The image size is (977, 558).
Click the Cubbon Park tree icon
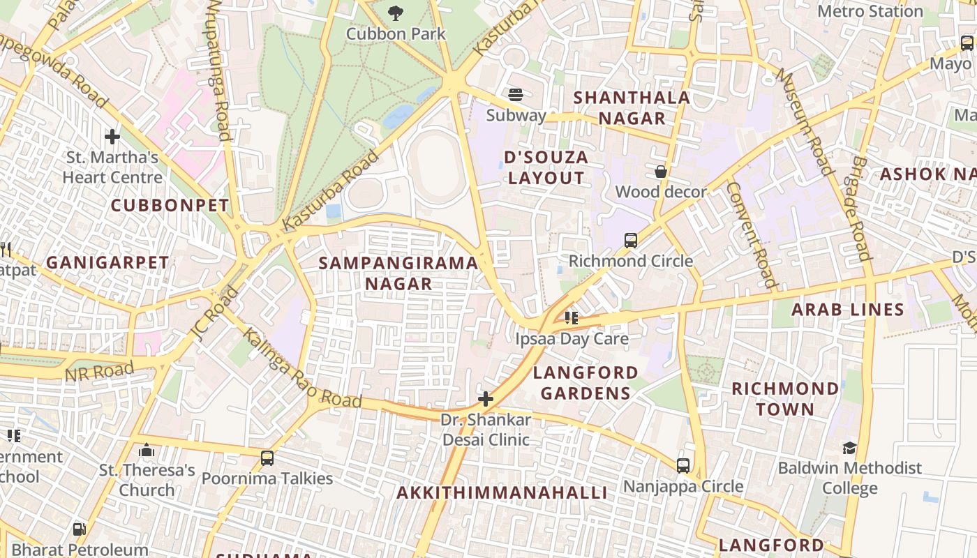click(x=396, y=13)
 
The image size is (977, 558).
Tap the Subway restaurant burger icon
click(x=516, y=94)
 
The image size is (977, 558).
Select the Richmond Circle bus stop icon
click(x=631, y=241)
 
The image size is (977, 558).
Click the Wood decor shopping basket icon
click(x=661, y=171)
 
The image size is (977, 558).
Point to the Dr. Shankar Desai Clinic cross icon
click(x=486, y=399)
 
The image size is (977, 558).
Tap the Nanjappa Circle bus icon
click(x=683, y=465)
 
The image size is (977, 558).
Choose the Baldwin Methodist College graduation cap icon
click(x=849, y=447)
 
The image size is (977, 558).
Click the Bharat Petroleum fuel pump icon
click(x=80, y=529)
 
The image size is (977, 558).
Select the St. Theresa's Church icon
click(x=147, y=451)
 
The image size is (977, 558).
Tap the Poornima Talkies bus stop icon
click(x=267, y=458)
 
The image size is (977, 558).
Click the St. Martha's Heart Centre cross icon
click(x=112, y=136)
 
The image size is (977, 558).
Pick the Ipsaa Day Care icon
click(x=572, y=318)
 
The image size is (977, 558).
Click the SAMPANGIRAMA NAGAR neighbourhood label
click(x=398, y=273)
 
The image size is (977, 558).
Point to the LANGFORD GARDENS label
click(x=586, y=383)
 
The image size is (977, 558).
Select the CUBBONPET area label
click(x=170, y=205)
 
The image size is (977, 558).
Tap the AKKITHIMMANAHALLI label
click(x=502, y=492)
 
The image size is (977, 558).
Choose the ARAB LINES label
click(x=847, y=310)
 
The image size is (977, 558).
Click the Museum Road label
click(x=805, y=122)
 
